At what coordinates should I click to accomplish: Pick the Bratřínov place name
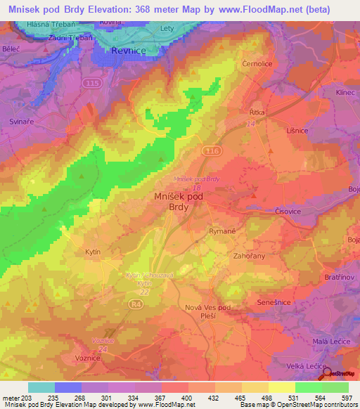click(339, 278)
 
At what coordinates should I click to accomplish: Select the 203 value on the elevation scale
click(27, 398)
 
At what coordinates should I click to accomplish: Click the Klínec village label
click(345, 92)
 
